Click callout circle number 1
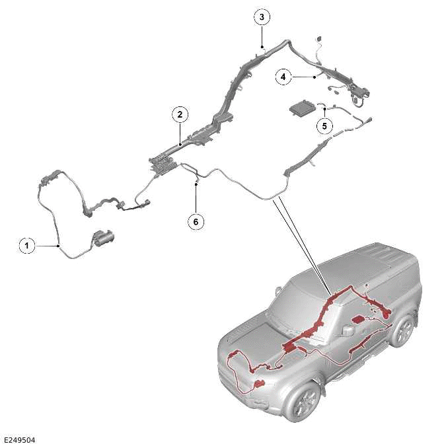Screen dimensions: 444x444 click(27, 246)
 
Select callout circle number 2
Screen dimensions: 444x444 click(180, 114)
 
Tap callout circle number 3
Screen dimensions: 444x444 click(262, 17)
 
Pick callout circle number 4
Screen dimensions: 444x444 click(283, 77)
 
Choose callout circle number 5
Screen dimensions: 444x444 click(324, 126)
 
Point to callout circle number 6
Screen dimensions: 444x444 click(196, 221)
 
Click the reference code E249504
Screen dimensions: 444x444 click(20, 440)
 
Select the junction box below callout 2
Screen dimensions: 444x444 click(165, 166)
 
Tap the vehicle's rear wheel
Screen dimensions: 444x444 click(402, 331)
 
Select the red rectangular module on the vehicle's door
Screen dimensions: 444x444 click(358, 319)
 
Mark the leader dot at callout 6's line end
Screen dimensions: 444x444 click(196, 184)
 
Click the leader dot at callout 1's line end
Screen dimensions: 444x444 click(58, 246)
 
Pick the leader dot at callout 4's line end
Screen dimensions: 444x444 click(314, 77)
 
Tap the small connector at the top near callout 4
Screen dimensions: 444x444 click(319, 38)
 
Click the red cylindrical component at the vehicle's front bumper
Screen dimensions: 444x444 click(260, 385)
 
